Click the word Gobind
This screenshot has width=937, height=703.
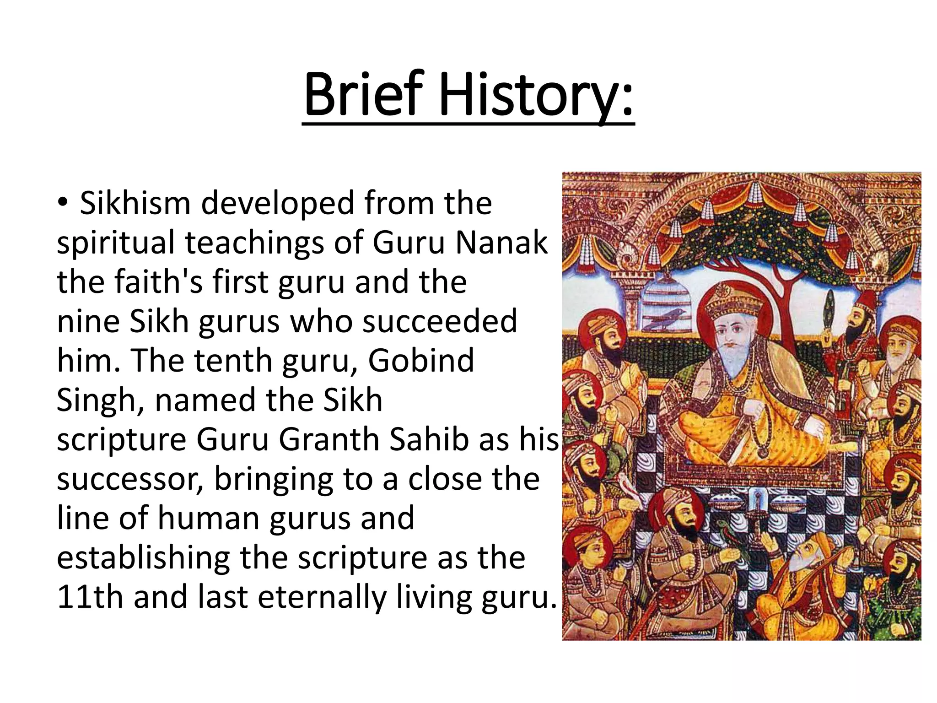tap(421, 361)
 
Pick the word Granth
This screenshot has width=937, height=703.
tap(328, 439)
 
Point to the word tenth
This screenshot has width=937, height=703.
tap(233, 361)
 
